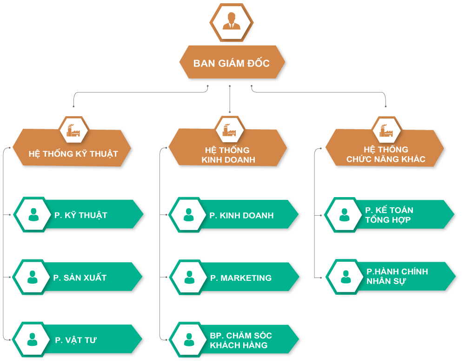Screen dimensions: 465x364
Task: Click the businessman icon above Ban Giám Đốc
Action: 231,21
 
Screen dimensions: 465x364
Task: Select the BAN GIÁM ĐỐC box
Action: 232,62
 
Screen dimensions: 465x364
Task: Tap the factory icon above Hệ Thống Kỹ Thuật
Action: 73,131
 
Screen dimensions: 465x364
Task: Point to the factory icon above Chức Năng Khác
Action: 386,131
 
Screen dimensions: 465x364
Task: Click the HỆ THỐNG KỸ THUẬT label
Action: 73,154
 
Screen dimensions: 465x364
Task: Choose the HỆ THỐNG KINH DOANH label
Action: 228,155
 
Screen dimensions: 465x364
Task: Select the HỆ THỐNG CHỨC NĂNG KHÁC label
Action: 385,154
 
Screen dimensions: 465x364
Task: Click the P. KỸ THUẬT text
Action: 80,215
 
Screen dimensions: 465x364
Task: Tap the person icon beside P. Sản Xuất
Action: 33,277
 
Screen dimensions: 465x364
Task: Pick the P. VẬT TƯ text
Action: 76,340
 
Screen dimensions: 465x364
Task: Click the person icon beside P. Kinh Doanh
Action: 189,215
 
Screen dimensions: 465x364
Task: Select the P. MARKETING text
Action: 241,278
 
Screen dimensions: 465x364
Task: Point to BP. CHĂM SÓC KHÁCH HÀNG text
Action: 241,340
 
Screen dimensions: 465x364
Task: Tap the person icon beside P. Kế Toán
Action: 344,215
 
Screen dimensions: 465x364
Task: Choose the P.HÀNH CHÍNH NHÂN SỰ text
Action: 397,276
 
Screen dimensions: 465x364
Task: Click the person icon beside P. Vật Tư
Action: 33,339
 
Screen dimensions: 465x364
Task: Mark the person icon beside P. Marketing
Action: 190,277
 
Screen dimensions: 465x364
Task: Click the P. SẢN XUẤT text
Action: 80,278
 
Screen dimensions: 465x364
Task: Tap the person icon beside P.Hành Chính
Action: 346,277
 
